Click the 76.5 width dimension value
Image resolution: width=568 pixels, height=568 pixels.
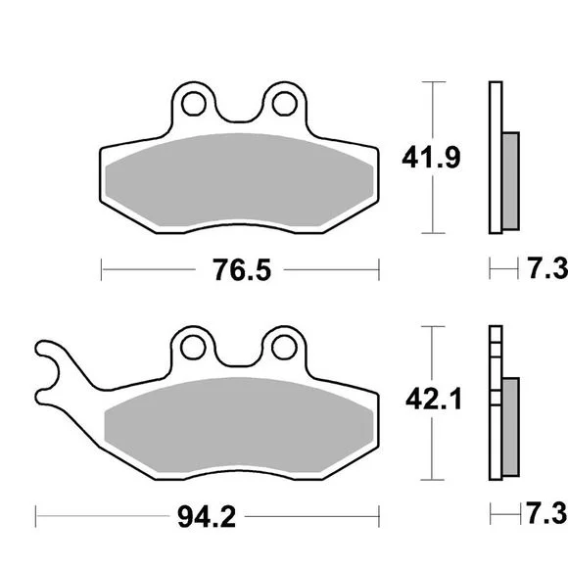click(242, 270)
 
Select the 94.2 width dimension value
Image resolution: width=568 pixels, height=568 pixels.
click(207, 516)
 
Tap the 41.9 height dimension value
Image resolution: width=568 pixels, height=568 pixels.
click(431, 158)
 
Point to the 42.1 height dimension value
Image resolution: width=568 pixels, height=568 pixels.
click(434, 399)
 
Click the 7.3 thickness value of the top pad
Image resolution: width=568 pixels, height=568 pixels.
click(547, 268)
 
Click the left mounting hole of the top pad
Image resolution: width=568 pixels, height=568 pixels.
click(194, 104)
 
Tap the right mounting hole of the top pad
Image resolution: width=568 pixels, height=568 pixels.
click(285, 104)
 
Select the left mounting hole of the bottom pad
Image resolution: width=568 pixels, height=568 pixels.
click(193, 348)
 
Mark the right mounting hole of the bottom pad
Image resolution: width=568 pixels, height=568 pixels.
click(284, 348)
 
